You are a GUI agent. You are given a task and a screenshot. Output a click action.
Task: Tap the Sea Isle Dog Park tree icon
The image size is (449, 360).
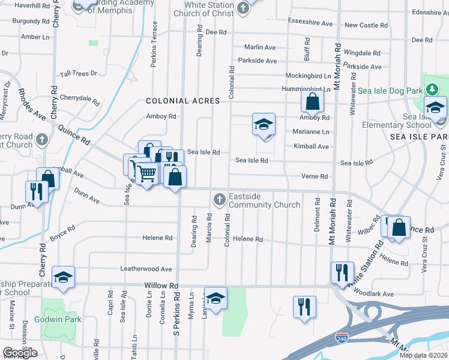pos(430,89)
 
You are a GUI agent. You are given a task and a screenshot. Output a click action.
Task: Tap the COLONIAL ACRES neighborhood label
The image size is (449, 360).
pos(182,101)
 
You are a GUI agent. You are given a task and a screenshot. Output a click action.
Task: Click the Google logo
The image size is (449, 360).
pos(20,353)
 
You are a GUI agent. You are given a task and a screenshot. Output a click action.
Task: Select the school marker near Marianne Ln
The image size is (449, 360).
pos(263,124)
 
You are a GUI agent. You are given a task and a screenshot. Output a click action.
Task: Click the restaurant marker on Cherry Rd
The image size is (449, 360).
pos(37,191)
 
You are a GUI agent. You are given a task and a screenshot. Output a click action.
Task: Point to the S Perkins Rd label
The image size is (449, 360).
pos(176,313)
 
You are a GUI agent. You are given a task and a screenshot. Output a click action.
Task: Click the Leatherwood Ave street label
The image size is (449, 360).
pos(146,269)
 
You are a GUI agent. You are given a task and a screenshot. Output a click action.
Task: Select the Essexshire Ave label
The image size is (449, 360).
pos(310,24)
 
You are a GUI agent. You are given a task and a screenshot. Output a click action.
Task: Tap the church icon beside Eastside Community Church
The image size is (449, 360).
pos(220,199)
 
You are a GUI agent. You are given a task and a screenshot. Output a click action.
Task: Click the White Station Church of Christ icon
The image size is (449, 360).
pos(243,8)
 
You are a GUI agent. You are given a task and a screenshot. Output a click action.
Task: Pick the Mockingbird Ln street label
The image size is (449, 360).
pos(307,77)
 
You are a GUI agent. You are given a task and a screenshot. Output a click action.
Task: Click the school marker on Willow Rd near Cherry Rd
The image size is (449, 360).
pos(63,277)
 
